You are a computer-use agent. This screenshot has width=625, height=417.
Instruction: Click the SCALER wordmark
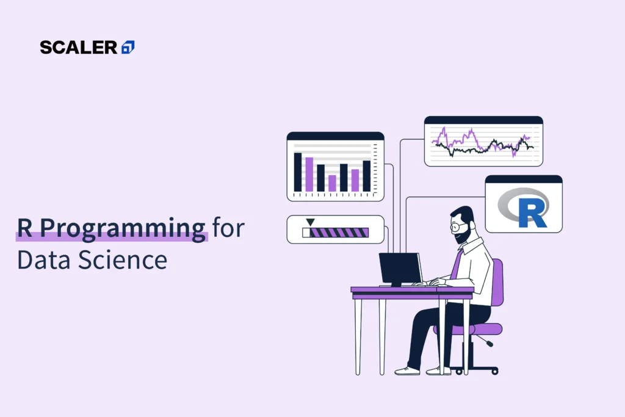point(78,47)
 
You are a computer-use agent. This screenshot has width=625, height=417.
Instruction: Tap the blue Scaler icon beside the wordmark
point(128,47)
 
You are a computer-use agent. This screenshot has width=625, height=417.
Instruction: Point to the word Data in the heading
point(42,260)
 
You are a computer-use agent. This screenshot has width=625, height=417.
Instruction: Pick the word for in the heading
point(228,229)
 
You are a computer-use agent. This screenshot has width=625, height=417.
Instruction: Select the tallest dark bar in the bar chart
point(298,172)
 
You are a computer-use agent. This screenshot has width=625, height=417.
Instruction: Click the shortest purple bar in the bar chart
point(332,183)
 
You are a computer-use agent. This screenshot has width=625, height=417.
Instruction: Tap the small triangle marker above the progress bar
point(311,222)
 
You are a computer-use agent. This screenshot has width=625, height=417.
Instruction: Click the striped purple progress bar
point(339,233)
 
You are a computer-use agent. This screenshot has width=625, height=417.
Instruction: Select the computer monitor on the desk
point(400,268)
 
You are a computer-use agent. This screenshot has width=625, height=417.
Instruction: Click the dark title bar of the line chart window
point(483,120)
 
